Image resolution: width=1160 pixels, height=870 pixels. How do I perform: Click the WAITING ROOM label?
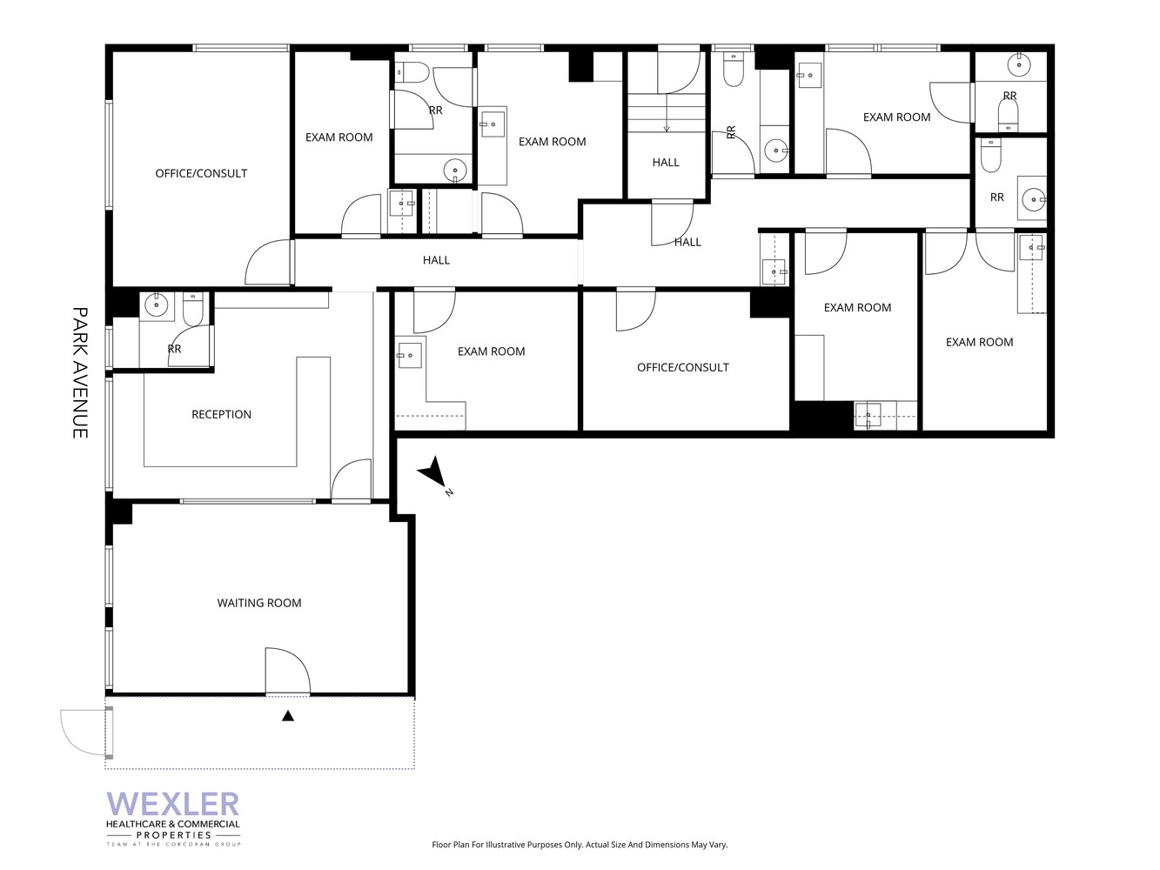(259, 603)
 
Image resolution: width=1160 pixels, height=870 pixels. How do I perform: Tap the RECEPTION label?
(221, 414)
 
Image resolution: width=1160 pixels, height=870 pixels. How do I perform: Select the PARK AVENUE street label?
(80, 372)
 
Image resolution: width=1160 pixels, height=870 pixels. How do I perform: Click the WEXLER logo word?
(172, 804)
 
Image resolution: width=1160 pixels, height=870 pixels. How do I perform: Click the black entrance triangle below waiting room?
(288, 716)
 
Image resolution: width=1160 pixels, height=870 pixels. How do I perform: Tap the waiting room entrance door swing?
(286, 671)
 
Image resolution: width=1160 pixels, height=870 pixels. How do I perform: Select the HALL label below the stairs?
(666, 162)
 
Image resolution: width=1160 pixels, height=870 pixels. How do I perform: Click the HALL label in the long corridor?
(436, 260)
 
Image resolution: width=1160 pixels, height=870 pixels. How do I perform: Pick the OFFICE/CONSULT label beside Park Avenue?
(201, 173)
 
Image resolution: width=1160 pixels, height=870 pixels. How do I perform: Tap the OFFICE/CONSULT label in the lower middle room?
(683, 367)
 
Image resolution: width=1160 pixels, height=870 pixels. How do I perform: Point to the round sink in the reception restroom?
(157, 304)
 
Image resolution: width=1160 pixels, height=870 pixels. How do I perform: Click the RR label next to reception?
(174, 349)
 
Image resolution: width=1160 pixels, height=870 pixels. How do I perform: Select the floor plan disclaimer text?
(580, 845)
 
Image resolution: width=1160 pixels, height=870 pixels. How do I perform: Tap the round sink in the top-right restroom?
(1019, 64)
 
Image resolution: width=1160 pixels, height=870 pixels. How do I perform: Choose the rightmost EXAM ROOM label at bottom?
(979, 342)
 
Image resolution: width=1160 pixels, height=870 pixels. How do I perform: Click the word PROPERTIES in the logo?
(173, 835)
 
